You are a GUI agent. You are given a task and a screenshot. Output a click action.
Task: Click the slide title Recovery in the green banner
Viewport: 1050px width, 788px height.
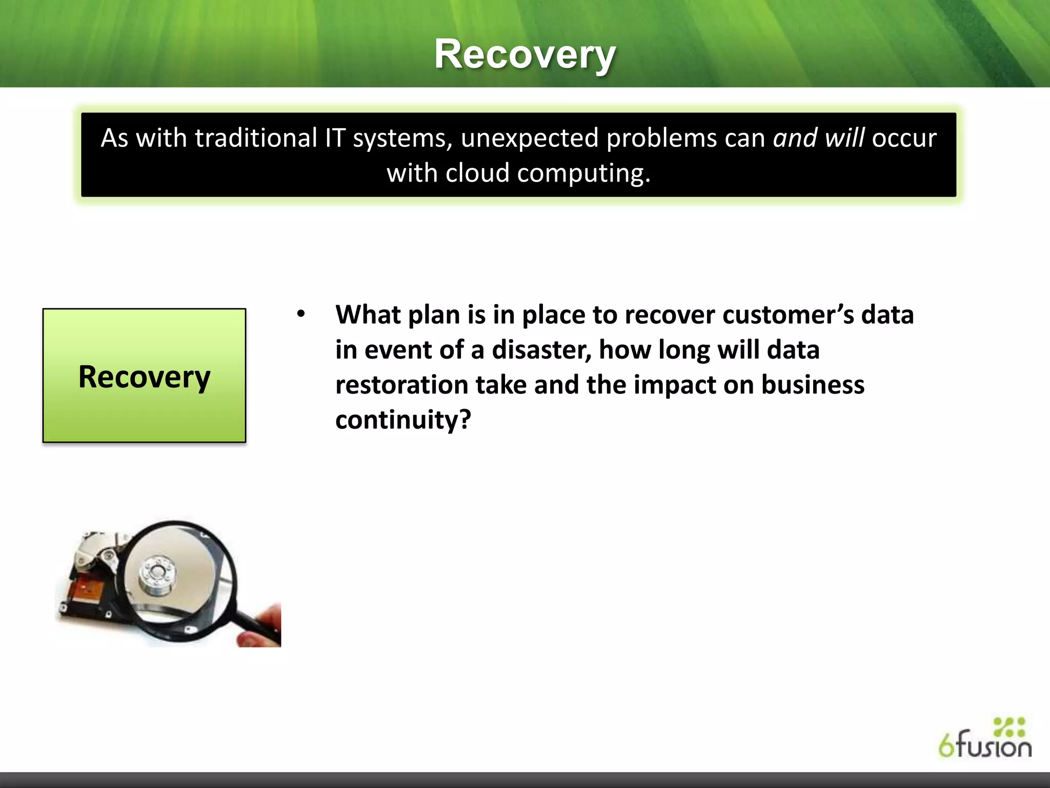pyautogui.click(x=524, y=54)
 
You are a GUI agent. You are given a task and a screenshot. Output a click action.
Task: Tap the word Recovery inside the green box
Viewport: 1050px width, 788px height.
pyautogui.click(x=144, y=377)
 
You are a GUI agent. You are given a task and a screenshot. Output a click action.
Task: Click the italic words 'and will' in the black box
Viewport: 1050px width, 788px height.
pyautogui.click(x=818, y=138)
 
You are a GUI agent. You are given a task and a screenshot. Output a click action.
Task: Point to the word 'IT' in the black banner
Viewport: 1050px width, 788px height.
pyautogui.click(x=335, y=138)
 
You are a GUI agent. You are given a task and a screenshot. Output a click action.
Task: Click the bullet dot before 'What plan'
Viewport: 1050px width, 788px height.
pyautogui.click(x=301, y=313)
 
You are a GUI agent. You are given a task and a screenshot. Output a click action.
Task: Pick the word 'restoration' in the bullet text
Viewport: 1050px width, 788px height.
pyautogui.click(x=401, y=385)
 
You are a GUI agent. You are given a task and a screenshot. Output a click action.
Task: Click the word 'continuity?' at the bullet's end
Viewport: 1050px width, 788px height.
pyautogui.click(x=402, y=420)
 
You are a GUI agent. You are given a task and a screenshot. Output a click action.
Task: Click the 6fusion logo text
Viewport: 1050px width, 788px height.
pyautogui.click(x=984, y=745)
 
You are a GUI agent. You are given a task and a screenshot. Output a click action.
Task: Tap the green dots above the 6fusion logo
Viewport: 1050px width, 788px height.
pyautogui.click(x=1008, y=726)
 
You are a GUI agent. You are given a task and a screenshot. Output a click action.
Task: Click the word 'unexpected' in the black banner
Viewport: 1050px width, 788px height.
pyautogui.click(x=529, y=138)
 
